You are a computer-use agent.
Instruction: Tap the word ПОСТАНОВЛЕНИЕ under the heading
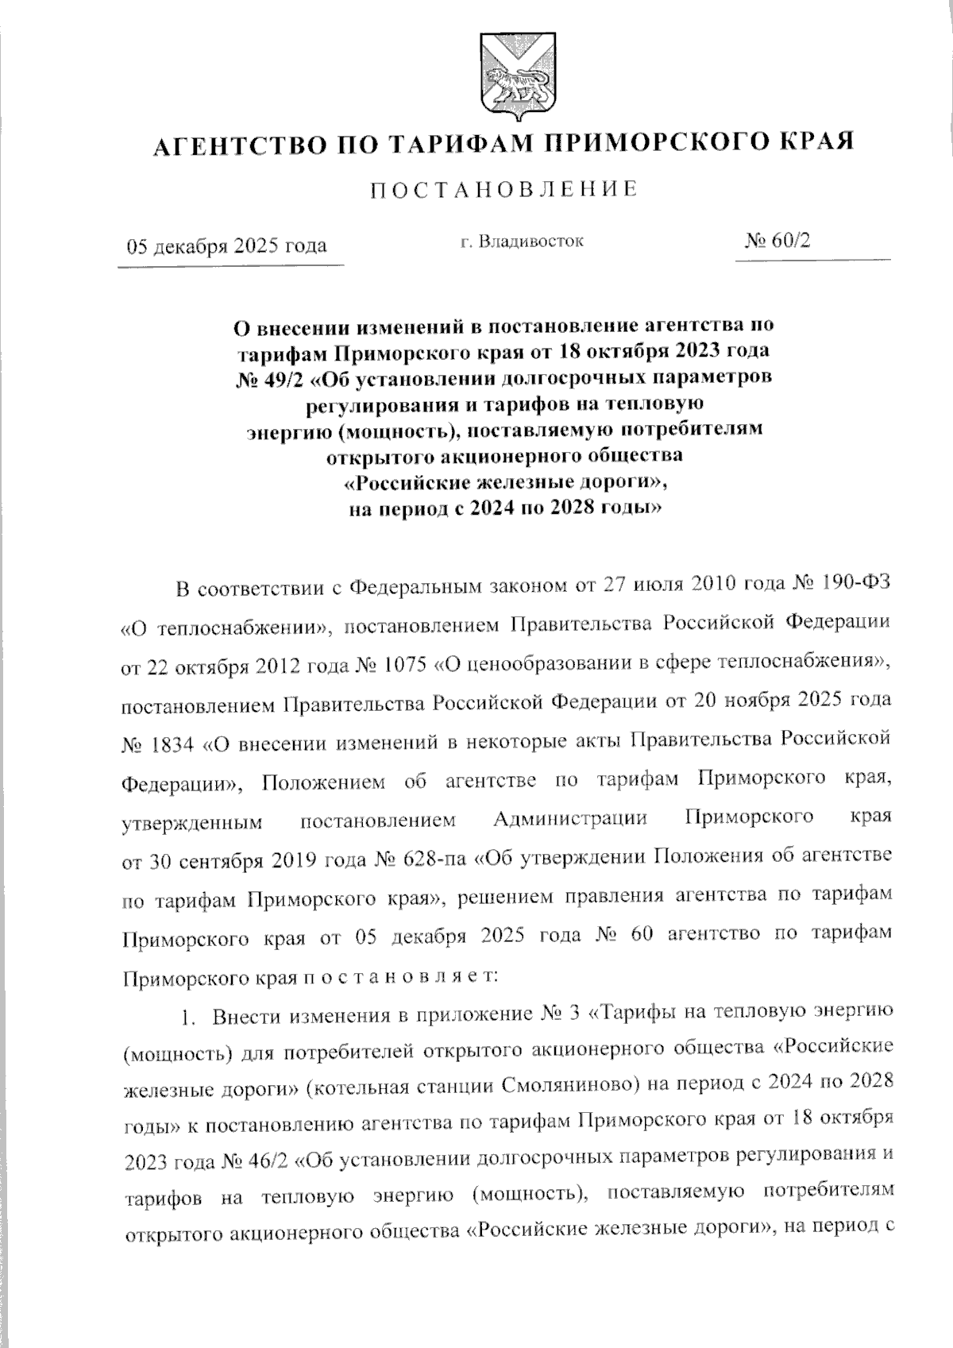(505, 189)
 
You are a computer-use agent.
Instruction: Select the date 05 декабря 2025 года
(228, 245)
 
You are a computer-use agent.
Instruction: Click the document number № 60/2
(777, 241)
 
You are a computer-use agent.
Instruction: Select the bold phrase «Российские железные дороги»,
(505, 482)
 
